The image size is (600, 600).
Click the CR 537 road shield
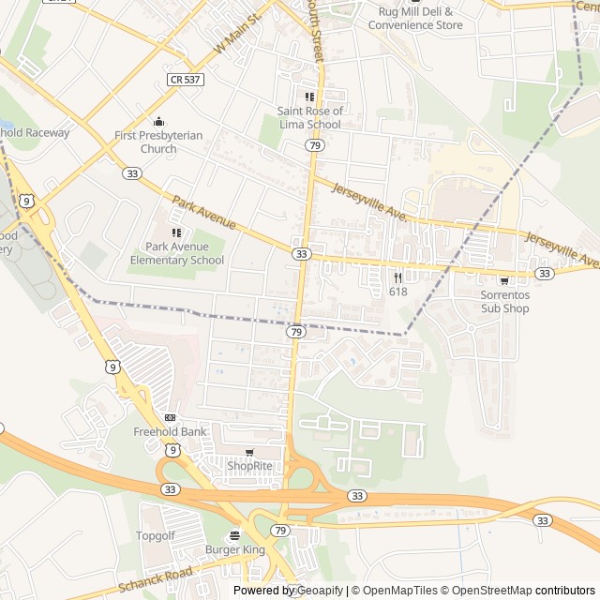coord(187,81)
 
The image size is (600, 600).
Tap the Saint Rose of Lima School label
coord(309,117)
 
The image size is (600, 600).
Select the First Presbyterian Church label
coord(158,142)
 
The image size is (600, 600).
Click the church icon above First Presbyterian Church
coord(158,121)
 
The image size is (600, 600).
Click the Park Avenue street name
coord(204,213)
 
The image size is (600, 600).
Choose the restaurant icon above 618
coord(398,277)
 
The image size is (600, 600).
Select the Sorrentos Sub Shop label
coord(505,301)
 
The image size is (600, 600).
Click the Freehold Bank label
coord(170,432)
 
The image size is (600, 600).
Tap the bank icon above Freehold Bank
coord(170,417)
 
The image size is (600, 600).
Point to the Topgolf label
coord(156,535)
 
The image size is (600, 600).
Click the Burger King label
coord(235,549)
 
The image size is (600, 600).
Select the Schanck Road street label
coord(156,579)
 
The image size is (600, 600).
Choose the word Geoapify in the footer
coord(320,591)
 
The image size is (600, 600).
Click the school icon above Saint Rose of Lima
coord(309,97)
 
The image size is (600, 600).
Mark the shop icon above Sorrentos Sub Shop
coord(505,280)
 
